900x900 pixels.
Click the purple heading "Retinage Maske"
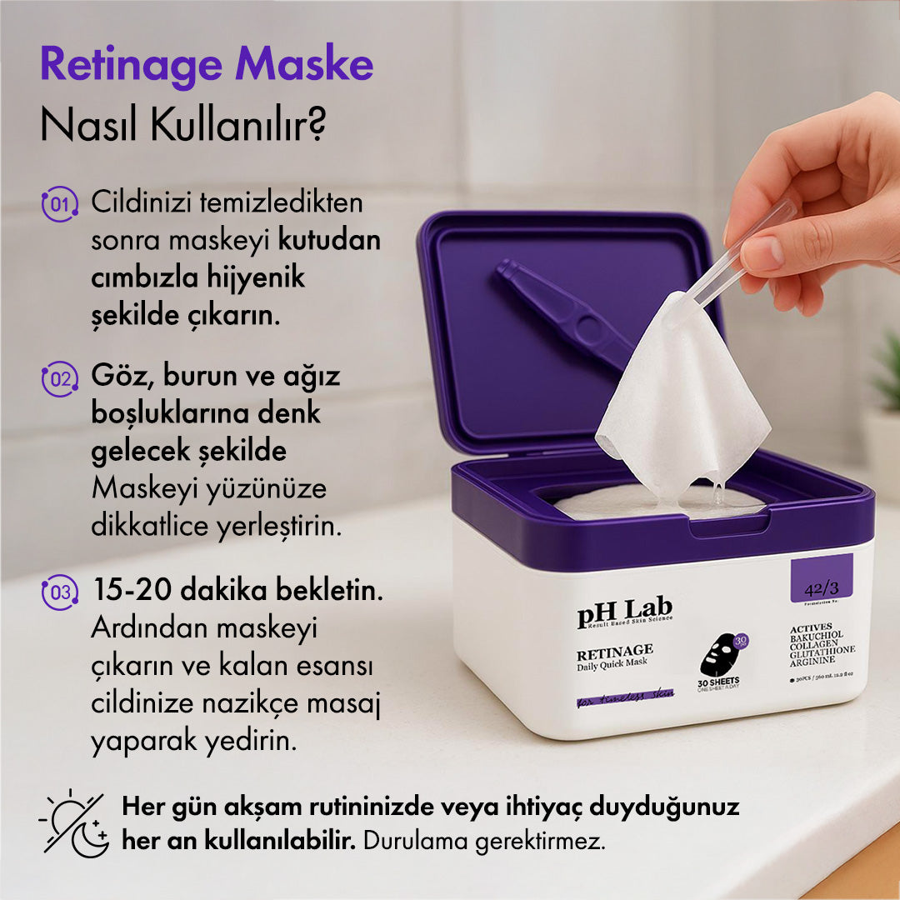click(207, 64)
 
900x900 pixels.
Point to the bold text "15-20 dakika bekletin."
click(237, 592)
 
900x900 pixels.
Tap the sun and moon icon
click(73, 823)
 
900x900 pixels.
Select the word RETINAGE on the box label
click(615, 650)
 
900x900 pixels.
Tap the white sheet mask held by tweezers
click(679, 400)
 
